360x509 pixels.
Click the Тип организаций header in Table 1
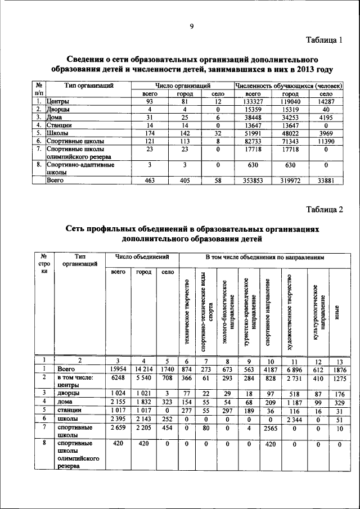(89, 85)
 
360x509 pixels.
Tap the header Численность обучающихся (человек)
(289, 85)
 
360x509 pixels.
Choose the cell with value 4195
(326, 117)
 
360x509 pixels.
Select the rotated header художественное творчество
(290, 312)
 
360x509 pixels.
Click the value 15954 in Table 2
(118, 369)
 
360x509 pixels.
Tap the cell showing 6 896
(290, 369)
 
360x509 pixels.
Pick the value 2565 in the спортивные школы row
(270, 430)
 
